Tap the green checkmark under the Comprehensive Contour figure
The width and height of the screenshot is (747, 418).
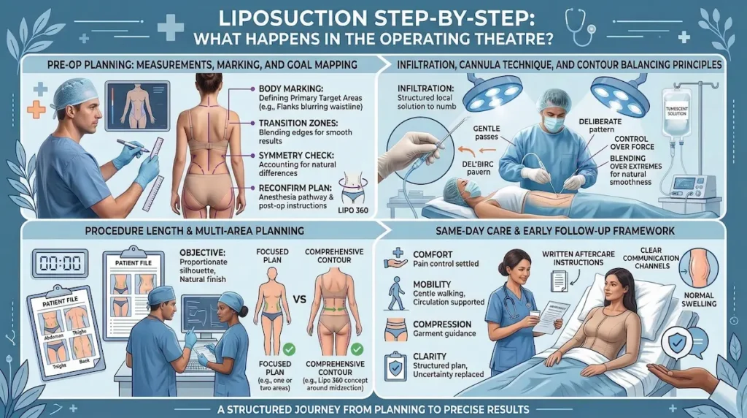356,349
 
